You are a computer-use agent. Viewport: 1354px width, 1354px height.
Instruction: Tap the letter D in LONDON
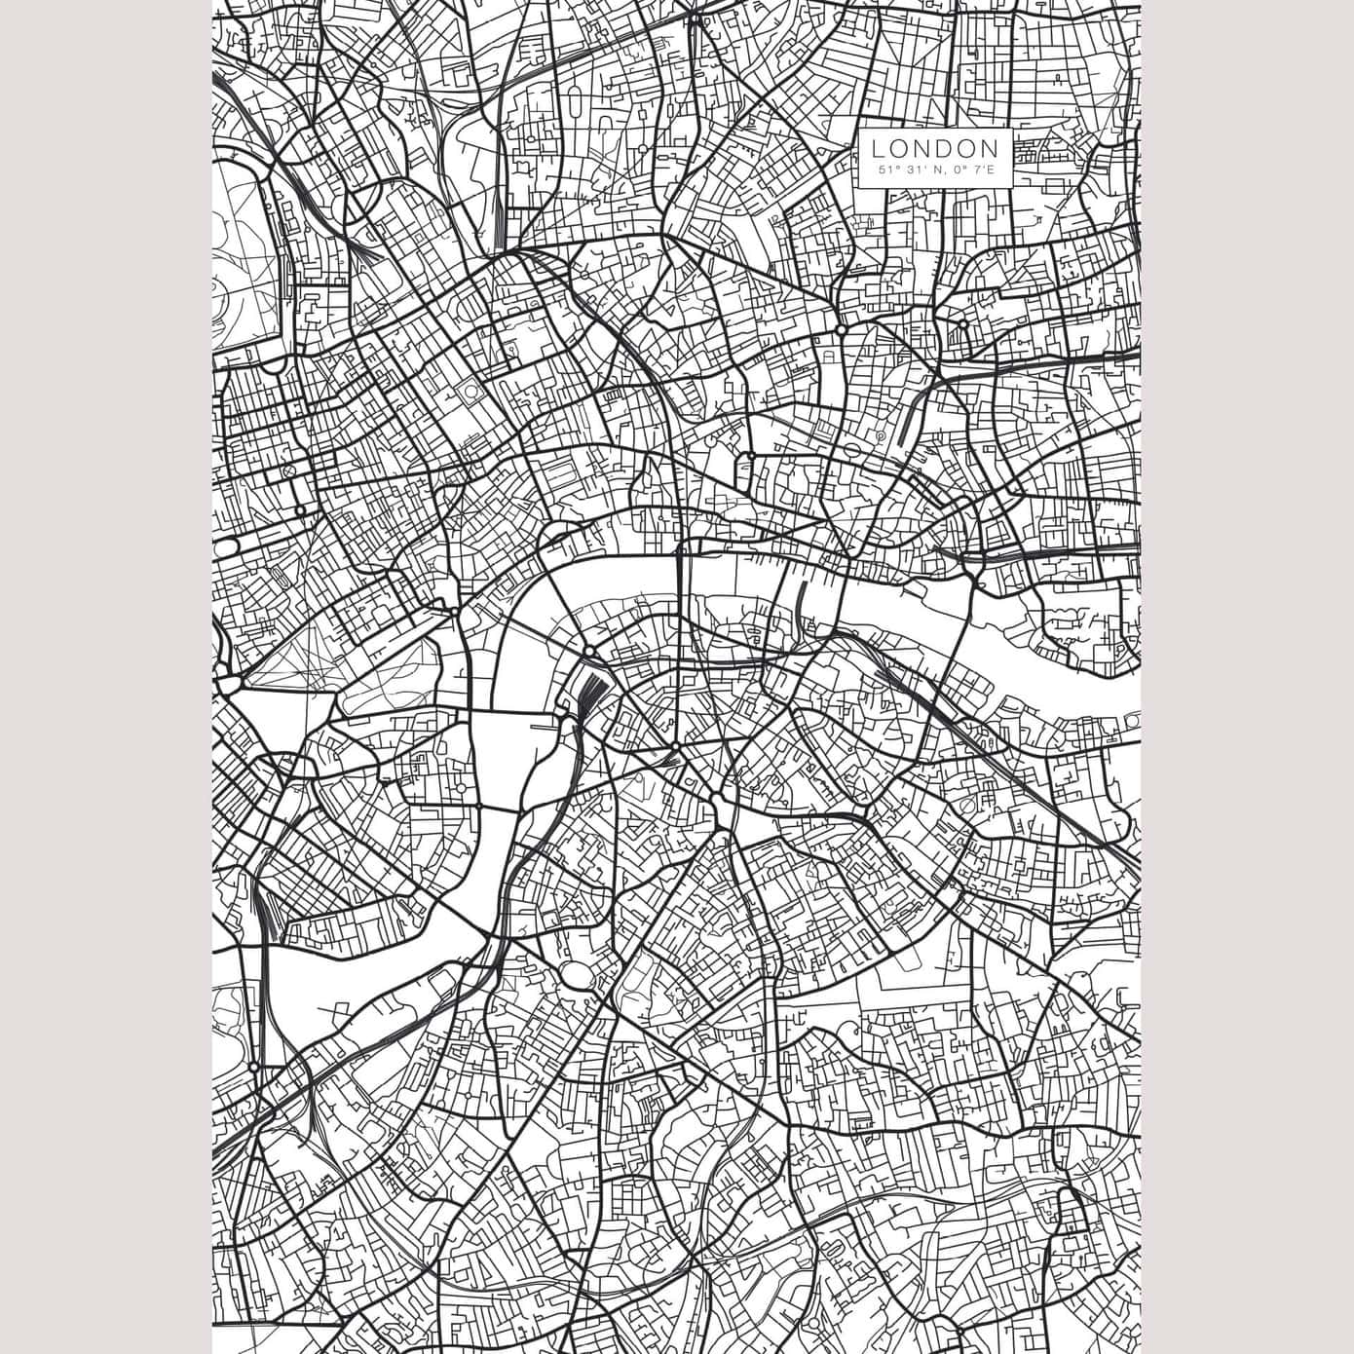coord(949,149)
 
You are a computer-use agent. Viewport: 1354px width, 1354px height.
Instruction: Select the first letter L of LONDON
coord(878,149)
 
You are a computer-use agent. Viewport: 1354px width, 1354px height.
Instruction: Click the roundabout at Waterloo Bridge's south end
coord(590,651)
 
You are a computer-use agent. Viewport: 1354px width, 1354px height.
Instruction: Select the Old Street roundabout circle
coord(840,331)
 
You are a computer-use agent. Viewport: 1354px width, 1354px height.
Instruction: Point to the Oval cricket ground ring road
coord(577,975)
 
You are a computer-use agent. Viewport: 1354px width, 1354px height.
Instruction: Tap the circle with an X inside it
coord(288,470)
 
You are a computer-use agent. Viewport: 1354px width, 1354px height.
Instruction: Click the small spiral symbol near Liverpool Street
coord(880,438)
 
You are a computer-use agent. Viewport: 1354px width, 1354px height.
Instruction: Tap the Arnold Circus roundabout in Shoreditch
coord(962,324)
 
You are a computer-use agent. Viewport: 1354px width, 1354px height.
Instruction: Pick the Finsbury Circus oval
coord(853,449)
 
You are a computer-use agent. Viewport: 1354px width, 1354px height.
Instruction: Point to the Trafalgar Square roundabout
coord(454,612)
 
